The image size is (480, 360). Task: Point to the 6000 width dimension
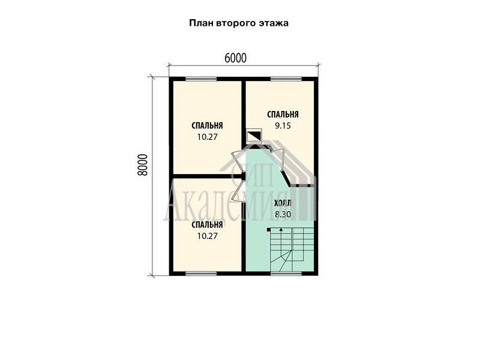click(x=235, y=58)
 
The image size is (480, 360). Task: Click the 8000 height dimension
click(x=143, y=164)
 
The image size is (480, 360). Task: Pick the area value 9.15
click(x=283, y=125)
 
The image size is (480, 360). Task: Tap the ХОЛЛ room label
click(x=283, y=203)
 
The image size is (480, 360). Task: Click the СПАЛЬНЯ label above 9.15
click(x=283, y=115)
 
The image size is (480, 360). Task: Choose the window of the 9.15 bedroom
click(x=286, y=79)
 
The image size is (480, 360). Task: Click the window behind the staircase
click(x=286, y=274)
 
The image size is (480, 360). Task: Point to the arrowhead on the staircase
click(x=281, y=229)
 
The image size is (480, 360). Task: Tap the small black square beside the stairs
click(x=268, y=229)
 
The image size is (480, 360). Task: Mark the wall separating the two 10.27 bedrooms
click(x=207, y=176)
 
